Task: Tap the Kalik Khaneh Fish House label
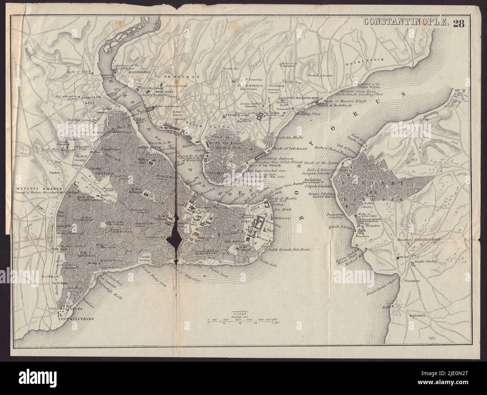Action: (x=288, y=250)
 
